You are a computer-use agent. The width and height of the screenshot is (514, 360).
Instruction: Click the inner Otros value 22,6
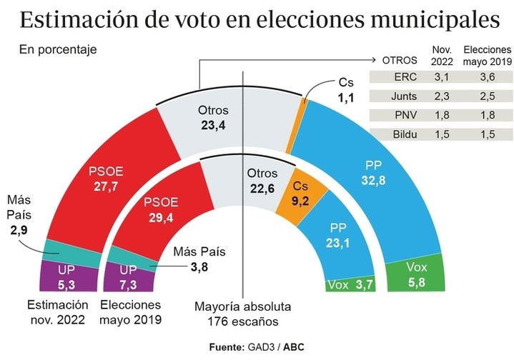coord(261,189)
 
